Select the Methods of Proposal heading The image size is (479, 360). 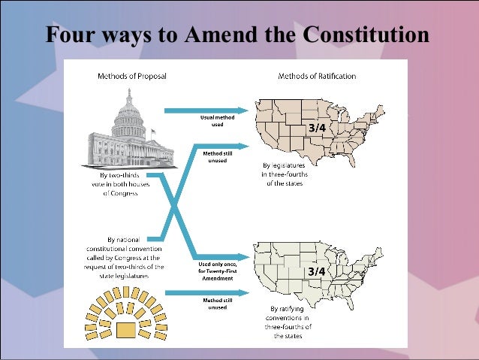click(132, 76)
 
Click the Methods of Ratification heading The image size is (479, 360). click(317, 76)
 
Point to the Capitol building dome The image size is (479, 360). click(129, 113)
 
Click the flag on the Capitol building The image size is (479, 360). click(153, 132)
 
